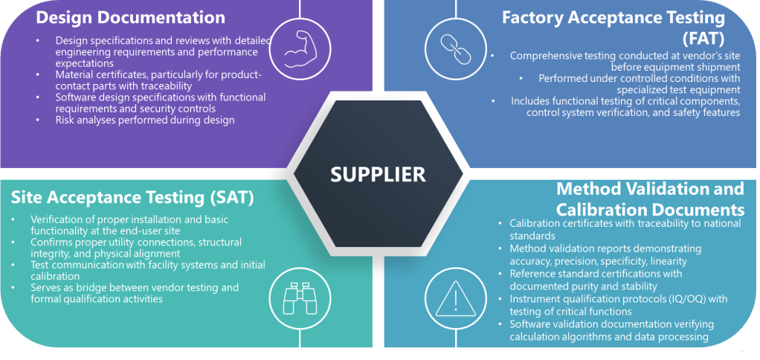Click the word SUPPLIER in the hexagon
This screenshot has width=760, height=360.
pyautogui.click(x=378, y=174)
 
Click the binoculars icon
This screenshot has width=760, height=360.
pyautogui.click(x=300, y=298)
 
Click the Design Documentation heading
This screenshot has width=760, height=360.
pyautogui.click(x=130, y=16)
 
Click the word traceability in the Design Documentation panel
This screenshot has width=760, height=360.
pyautogui.click(x=167, y=86)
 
